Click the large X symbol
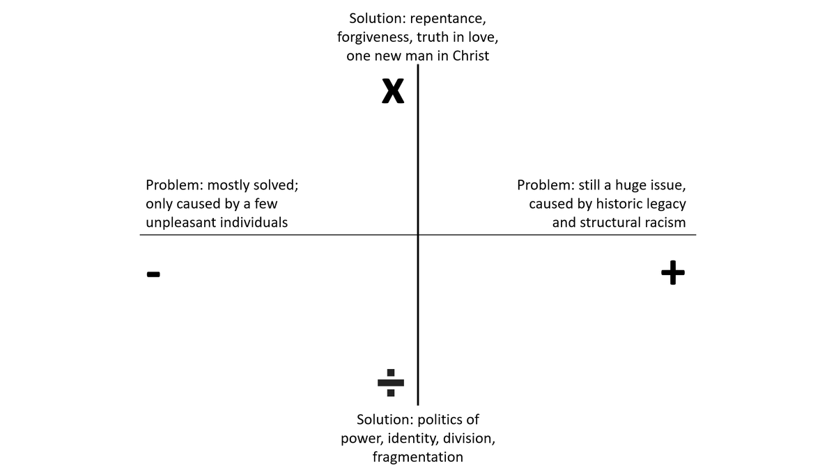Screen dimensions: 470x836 coord(393,91)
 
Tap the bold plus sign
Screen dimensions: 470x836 coord(672,273)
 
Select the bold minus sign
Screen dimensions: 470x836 coord(153,274)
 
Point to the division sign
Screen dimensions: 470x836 coord(390,382)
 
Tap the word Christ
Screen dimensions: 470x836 coord(471,56)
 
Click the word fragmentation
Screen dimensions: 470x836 coord(417,457)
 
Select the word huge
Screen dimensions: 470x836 coord(626,186)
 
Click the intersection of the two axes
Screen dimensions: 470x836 coord(418,235)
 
